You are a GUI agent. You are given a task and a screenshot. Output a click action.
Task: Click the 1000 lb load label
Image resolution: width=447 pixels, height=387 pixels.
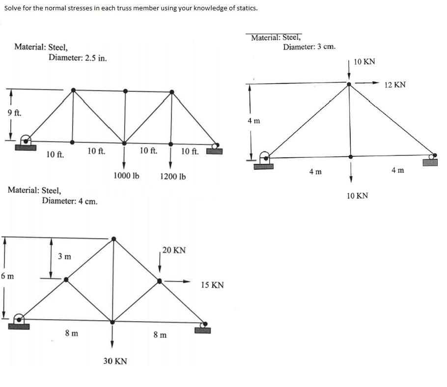(x=126, y=176)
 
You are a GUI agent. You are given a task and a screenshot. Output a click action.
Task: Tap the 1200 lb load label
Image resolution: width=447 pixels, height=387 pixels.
(x=173, y=176)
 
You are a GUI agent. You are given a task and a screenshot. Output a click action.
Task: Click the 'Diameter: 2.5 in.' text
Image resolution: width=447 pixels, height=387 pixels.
(x=78, y=58)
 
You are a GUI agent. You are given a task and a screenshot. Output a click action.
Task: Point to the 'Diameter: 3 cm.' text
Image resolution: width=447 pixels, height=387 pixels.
(x=309, y=47)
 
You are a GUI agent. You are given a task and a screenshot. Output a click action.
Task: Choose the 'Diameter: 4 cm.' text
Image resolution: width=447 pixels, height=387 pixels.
(x=69, y=201)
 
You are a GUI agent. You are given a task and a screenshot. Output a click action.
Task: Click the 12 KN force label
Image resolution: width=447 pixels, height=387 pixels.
(x=395, y=85)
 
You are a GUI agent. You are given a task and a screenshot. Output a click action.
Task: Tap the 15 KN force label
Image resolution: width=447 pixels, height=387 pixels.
(x=213, y=285)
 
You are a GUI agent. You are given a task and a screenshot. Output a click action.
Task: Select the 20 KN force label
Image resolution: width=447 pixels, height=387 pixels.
(x=174, y=250)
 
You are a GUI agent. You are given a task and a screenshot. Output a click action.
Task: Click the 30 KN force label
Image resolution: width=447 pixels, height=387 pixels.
(x=115, y=361)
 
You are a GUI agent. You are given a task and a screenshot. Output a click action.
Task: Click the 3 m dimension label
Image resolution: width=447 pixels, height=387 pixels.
(x=64, y=256)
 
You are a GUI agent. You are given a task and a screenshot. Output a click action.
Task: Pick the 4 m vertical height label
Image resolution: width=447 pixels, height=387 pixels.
(x=254, y=120)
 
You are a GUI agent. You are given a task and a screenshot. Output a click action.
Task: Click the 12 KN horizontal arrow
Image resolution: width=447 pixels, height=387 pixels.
(x=368, y=83)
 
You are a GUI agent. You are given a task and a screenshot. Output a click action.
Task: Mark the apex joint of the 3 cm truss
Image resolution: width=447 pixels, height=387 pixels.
(x=349, y=84)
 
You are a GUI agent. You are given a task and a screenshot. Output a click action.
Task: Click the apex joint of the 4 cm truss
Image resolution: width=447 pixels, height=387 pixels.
(x=113, y=239)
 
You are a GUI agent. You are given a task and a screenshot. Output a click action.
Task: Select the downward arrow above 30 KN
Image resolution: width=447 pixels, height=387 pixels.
(x=112, y=336)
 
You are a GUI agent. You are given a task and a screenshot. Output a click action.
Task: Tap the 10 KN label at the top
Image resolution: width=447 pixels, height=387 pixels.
(x=364, y=61)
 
